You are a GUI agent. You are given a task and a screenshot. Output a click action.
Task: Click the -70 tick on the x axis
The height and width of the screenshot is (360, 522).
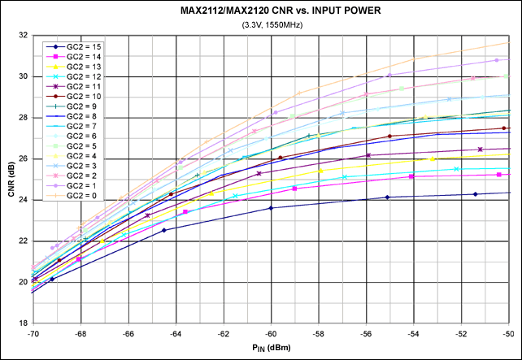[x=33, y=333]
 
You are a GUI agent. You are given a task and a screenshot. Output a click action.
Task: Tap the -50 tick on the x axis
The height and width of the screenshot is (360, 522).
[x=510, y=333]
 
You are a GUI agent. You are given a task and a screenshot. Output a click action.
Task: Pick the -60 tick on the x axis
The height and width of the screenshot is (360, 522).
[x=272, y=333]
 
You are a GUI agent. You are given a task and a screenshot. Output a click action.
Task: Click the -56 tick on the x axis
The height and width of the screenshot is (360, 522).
[x=367, y=333]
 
